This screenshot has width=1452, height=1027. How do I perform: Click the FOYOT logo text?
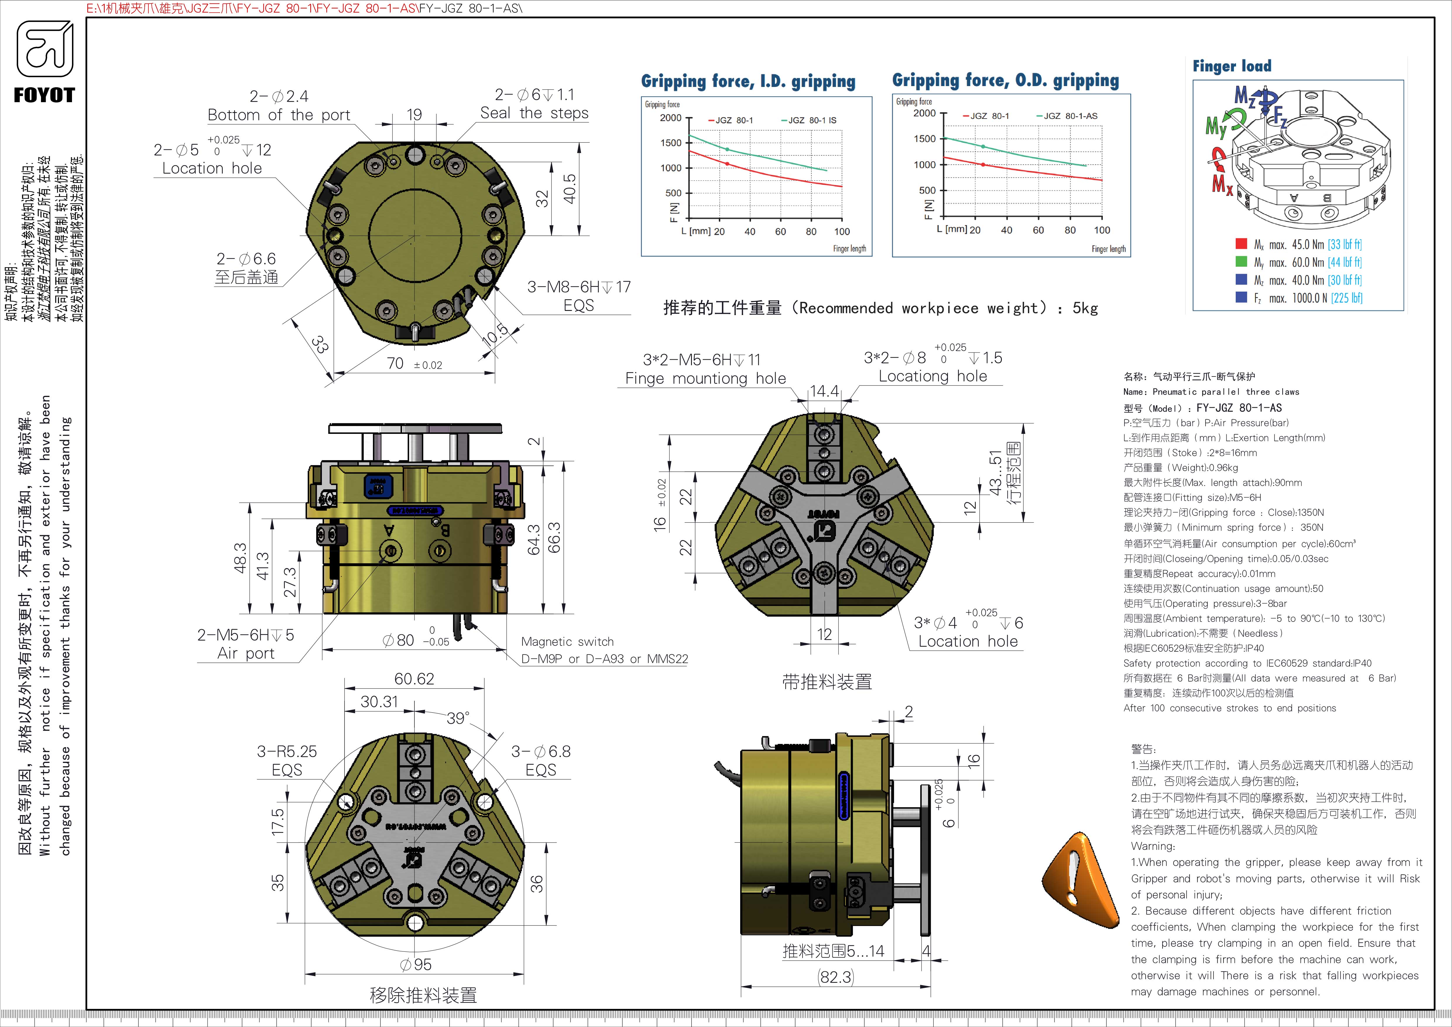tap(44, 95)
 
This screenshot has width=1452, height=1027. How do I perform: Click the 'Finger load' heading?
tap(1231, 66)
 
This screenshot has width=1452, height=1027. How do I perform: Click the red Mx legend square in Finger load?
tap(1241, 244)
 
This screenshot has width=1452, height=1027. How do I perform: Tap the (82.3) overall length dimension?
tap(835, 977)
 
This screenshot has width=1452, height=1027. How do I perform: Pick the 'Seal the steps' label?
tap(534, 113)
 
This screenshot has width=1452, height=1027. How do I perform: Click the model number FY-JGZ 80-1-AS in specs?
tap(1239, 408)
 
